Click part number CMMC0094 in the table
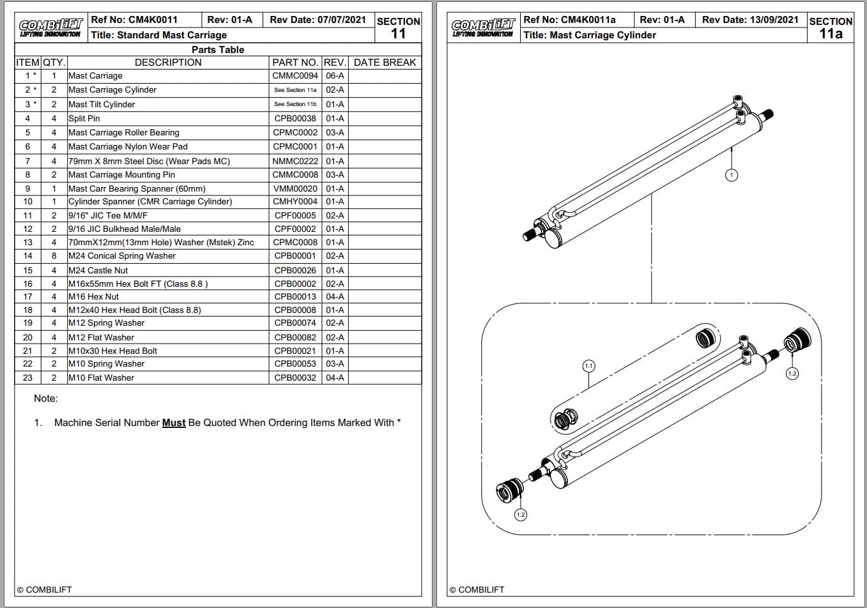click(295, 75)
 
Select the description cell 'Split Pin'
click(84, 118)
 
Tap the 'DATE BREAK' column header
click(385, 63)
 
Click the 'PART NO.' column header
click(295, 63)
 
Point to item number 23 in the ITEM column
click(27, 377)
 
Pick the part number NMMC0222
click(295, 161)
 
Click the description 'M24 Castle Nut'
click(98, 270)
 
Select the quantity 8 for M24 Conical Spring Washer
click(54, 255)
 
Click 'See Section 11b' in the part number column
click(295, 104)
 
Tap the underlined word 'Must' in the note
click(174, 423)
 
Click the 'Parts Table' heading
click(218, 49)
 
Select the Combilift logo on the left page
click(50, 28)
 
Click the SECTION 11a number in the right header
click(831, 34)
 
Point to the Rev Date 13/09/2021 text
click(750, 20)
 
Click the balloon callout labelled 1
click(732, 174)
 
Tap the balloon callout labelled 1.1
click(588, 366)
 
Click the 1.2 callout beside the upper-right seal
click(792, 374)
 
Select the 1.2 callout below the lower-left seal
click(521, 514)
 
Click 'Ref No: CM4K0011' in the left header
click(134, 20)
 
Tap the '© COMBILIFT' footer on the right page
click(477, 589)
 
